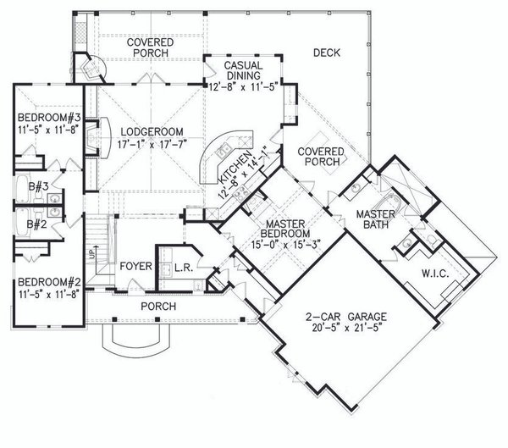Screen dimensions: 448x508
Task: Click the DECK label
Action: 325,53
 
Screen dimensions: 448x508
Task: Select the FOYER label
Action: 135,266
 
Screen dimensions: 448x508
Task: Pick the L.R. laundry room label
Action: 179,267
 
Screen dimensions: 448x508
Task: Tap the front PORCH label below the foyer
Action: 158,306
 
